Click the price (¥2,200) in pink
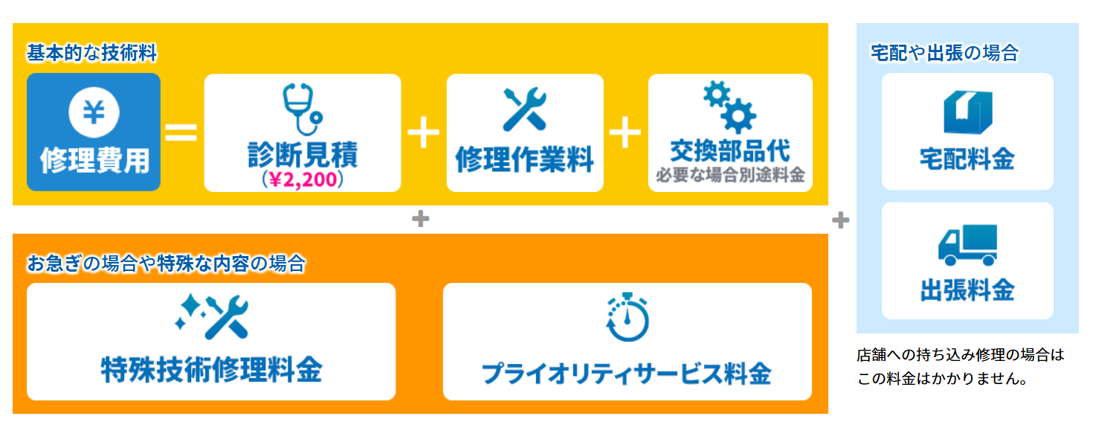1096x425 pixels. [302, 179]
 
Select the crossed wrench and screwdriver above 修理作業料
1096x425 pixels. [524, 109]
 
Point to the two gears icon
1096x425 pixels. [729, 106]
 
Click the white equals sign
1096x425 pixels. [181, 133]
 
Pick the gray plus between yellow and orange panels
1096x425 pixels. [421, 220]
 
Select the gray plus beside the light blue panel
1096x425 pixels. [841, 220]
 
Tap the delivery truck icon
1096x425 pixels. [967, 245]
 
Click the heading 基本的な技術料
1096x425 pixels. [92, 54]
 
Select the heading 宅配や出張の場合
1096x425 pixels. [944, 54]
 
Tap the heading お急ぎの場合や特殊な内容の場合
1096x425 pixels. [166, 263]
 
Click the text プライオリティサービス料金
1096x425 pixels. [627, 373]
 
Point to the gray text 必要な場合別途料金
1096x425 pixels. [730, 176]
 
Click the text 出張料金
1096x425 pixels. [967, 290]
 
